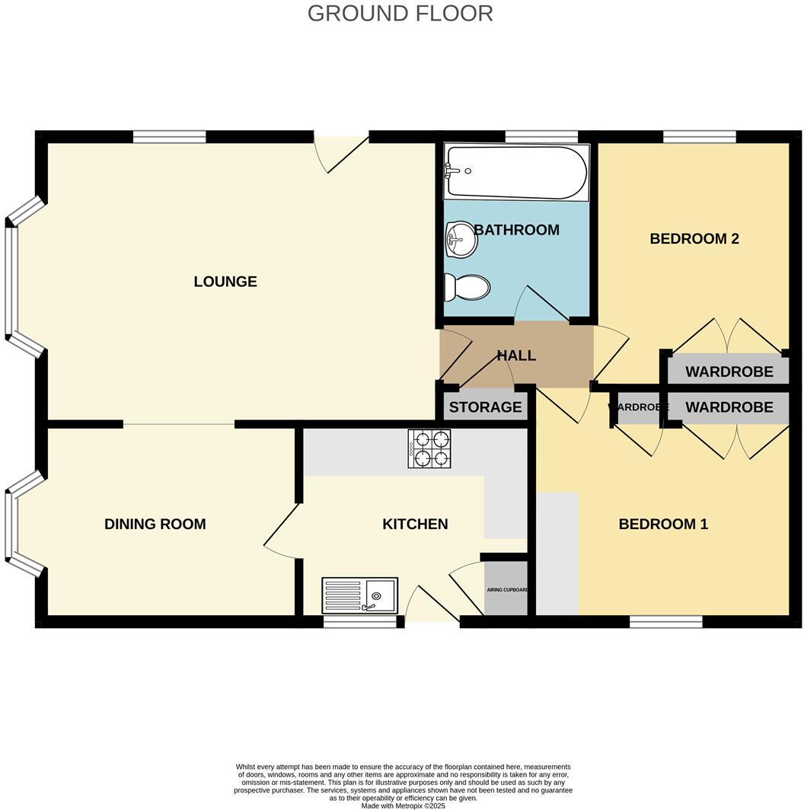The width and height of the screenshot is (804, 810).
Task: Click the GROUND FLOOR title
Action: click(x=400, y=13)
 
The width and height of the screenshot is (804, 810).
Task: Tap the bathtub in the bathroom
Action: click(x=516, y=173)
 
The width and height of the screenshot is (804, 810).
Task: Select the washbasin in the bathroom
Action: click(x=461, y=240)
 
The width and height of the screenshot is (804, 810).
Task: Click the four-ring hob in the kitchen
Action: click(x=429, y=448)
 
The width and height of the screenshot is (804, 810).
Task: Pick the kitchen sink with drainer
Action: click(x=359, y=595)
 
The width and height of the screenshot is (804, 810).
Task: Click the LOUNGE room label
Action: click(x=225, y=282)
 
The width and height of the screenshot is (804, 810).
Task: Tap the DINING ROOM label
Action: click(x=155, y=524)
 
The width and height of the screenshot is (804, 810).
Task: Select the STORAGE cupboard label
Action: click(x=485, y=407)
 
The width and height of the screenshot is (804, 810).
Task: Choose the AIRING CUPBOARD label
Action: click(x=507, y=590)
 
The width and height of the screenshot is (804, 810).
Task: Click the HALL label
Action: click(x=516, y=356)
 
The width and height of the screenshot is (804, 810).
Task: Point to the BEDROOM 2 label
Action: click(x=694, y=238)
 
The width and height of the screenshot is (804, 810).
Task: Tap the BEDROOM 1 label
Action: click(x=663, y=524)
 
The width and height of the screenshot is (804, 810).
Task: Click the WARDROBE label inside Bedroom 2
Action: click(x=729, y=372)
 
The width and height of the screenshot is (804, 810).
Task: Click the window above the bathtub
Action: click(x=541, y=137)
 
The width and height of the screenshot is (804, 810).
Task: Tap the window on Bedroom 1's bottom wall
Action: click(x=665, y=622)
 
